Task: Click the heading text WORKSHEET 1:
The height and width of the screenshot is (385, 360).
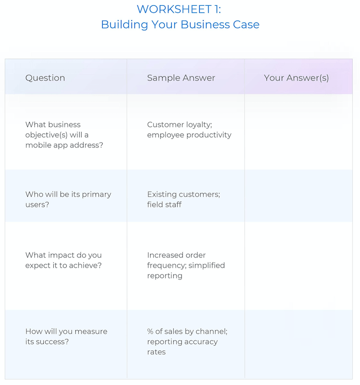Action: (x=179, y=9)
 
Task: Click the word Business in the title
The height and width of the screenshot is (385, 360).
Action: (x=205, y=24)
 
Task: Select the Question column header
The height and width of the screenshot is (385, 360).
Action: (x=45, y=78)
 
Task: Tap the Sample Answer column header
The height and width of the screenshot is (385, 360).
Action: (x=181, y=78)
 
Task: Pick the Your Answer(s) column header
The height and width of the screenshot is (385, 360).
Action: (x=296, y=78)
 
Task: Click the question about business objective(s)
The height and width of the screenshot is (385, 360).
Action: (x=64, y=135)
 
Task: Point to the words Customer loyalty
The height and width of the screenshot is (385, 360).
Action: (x=179, y=125)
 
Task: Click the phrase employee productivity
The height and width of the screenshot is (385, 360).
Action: (x=189, y=135)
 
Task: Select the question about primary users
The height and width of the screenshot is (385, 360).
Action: (x=68, y=199)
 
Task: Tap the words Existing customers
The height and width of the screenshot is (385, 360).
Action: (x=183, y=194)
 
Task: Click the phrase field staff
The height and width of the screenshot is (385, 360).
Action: (x=164, y=205)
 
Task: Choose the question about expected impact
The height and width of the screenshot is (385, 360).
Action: (x=63, y=260)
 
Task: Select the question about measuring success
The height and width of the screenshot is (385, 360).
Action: (x=66, y=337)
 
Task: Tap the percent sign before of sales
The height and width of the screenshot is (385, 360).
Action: (x=150, y=331)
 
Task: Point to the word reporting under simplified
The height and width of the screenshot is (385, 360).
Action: (x=165, y=276)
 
